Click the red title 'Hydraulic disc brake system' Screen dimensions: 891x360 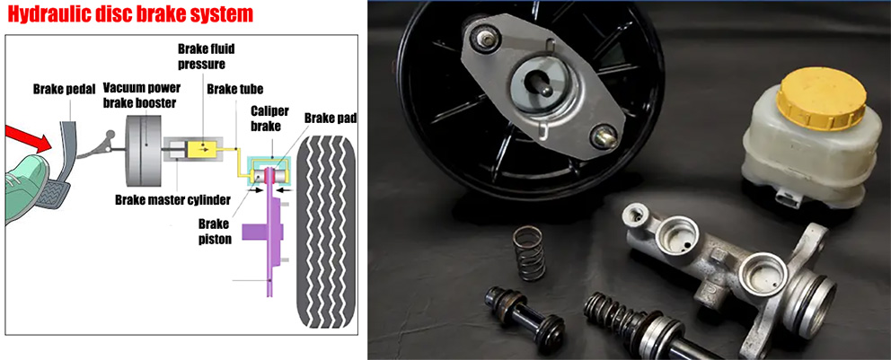(x=130, y=14)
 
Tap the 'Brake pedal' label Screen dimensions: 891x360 (x=64, y=89)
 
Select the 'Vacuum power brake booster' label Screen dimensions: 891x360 (x=142, y=95)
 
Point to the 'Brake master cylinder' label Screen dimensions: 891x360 (x=172, y=200)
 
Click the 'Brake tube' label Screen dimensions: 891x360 (x=234, y=89)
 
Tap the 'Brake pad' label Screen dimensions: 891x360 (x=331, y=119)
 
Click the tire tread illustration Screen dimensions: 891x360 (x=327, y=232)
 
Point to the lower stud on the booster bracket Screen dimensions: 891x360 (x=603, y=138)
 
